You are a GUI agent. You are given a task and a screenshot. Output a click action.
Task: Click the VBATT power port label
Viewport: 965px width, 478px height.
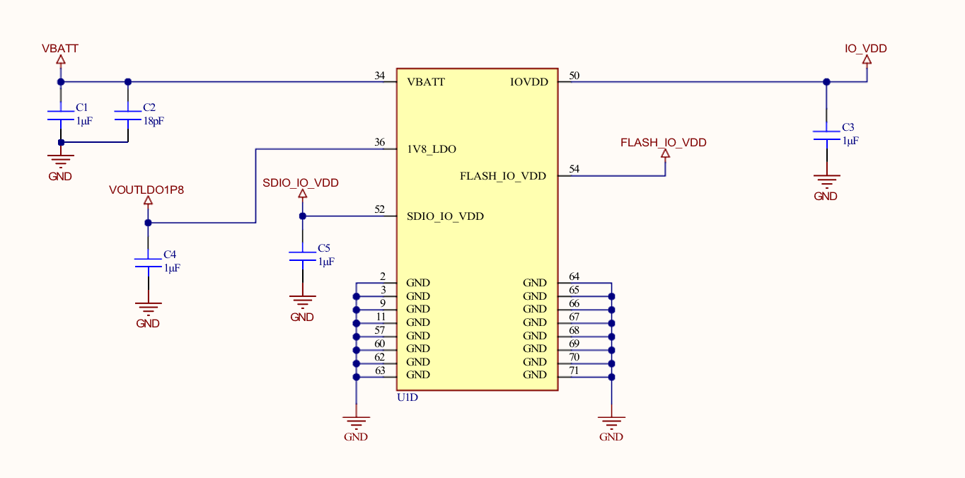tap(60, 49)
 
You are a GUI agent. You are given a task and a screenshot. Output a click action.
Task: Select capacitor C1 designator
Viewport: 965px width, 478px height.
tap(81, 107)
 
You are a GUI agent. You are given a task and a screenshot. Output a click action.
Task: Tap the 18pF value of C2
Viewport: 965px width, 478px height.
tap(154, 121)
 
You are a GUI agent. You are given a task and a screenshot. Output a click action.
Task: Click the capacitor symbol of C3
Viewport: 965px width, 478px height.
tap(826, 135)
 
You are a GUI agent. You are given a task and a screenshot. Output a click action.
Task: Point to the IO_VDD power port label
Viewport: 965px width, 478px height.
tap(865, 49)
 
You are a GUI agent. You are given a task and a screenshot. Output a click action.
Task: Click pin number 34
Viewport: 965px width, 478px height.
tap(380, 76)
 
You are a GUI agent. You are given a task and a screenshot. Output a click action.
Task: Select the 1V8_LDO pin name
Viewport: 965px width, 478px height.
tap(432, 149)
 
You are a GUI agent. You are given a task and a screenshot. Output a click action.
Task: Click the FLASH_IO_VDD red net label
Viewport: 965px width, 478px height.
tap(663, 142)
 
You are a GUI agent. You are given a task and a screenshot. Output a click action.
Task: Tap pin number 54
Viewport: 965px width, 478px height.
tap(574, 169)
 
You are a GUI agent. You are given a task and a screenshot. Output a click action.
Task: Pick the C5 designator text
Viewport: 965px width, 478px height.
tap(324, 248)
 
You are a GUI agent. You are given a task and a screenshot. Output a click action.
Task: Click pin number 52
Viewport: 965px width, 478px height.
tap(380, 209)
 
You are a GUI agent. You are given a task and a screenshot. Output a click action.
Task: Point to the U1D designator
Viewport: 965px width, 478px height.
tap(408, 397)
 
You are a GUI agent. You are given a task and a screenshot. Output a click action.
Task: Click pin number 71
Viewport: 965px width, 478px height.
tap(574, 371)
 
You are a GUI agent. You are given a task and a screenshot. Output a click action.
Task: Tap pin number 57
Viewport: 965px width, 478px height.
tap(380, 330)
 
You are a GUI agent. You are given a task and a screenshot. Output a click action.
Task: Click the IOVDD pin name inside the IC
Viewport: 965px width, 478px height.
tap(529, 82)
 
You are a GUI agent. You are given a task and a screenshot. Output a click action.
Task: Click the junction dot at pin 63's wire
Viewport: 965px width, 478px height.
tap(356, 377)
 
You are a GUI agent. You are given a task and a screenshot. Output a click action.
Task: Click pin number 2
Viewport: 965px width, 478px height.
tap(383, 276)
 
